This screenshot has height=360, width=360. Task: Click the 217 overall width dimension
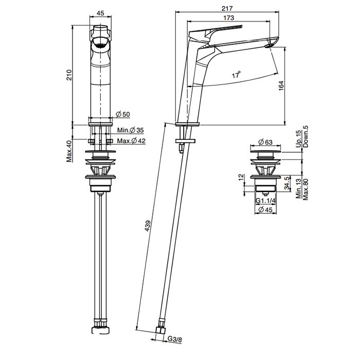(229, 8)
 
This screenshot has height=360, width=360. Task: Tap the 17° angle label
(236, 75)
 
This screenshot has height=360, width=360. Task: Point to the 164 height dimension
(281, 87)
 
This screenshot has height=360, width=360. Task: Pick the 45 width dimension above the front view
(100, 14)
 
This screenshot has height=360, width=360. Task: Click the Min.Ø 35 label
(129, 131)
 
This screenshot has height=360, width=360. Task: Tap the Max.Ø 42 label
(130, 141)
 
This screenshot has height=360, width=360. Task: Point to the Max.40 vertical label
(68, 150)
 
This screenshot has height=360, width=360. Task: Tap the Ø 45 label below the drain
(267, 210)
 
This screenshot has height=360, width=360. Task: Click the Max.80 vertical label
(305, 189)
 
